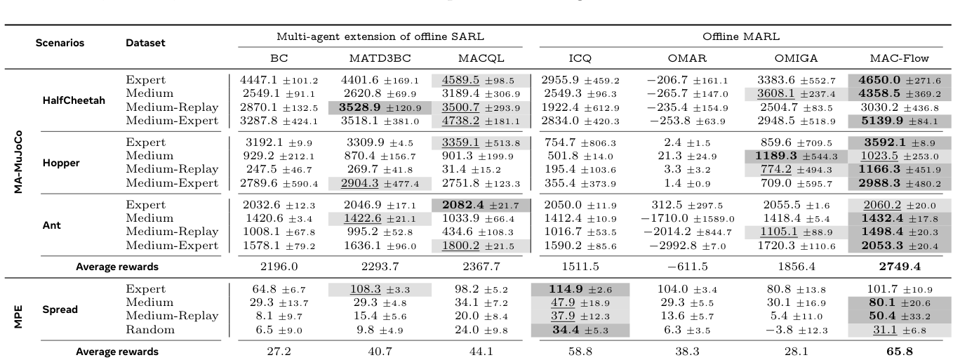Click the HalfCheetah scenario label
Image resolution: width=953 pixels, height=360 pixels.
73,100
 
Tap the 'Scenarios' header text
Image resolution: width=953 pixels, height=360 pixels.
60,43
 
